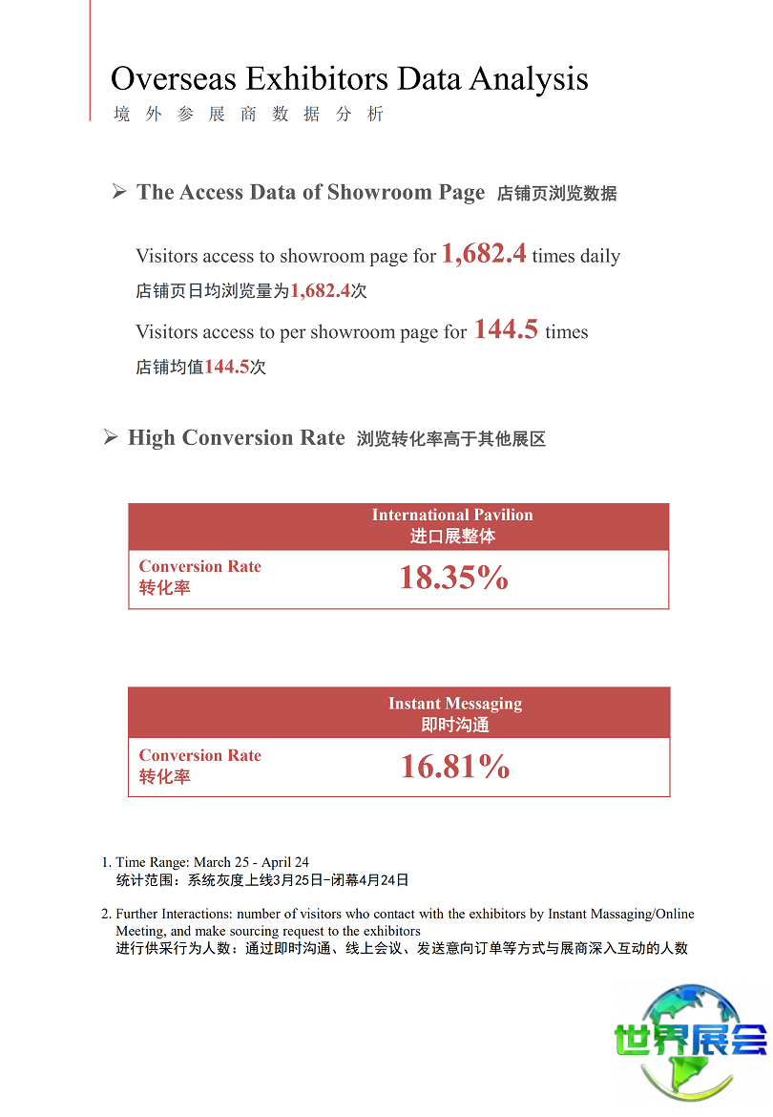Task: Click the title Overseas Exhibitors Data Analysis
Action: pyautogui.click(x=349, y=78)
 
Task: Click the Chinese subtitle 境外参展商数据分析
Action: pyautogui.click(x=248, y=115)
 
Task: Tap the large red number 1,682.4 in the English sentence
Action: pyautogui.click(x=484, y=253)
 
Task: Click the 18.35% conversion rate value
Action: pyautogui.click(x=453, y=578)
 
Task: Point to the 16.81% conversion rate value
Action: pyautogui.click(x=455, y=767)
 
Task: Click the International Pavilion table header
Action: pyautogui.click(x=452, y=525)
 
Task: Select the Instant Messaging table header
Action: pyautogui.click(x=455, y=714)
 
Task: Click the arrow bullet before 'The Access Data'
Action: pyautogui.click(x=119, y=192)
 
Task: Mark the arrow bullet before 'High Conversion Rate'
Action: pyautogui.click(x=111, y=438)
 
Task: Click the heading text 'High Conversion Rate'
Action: pyautogui.click(x=237, y=438)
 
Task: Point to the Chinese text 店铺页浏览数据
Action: pyautogui.click(x=557, y=194)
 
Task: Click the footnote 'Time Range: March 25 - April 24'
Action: pyautogui.click(x=212, y=862)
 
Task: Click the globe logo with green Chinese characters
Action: pyautogui.click(x=690, y=1041)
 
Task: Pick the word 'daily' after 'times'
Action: pyautogui.click(x=600, y=256)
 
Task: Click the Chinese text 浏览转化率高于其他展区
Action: pyautogui.click(x=451, y=440)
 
